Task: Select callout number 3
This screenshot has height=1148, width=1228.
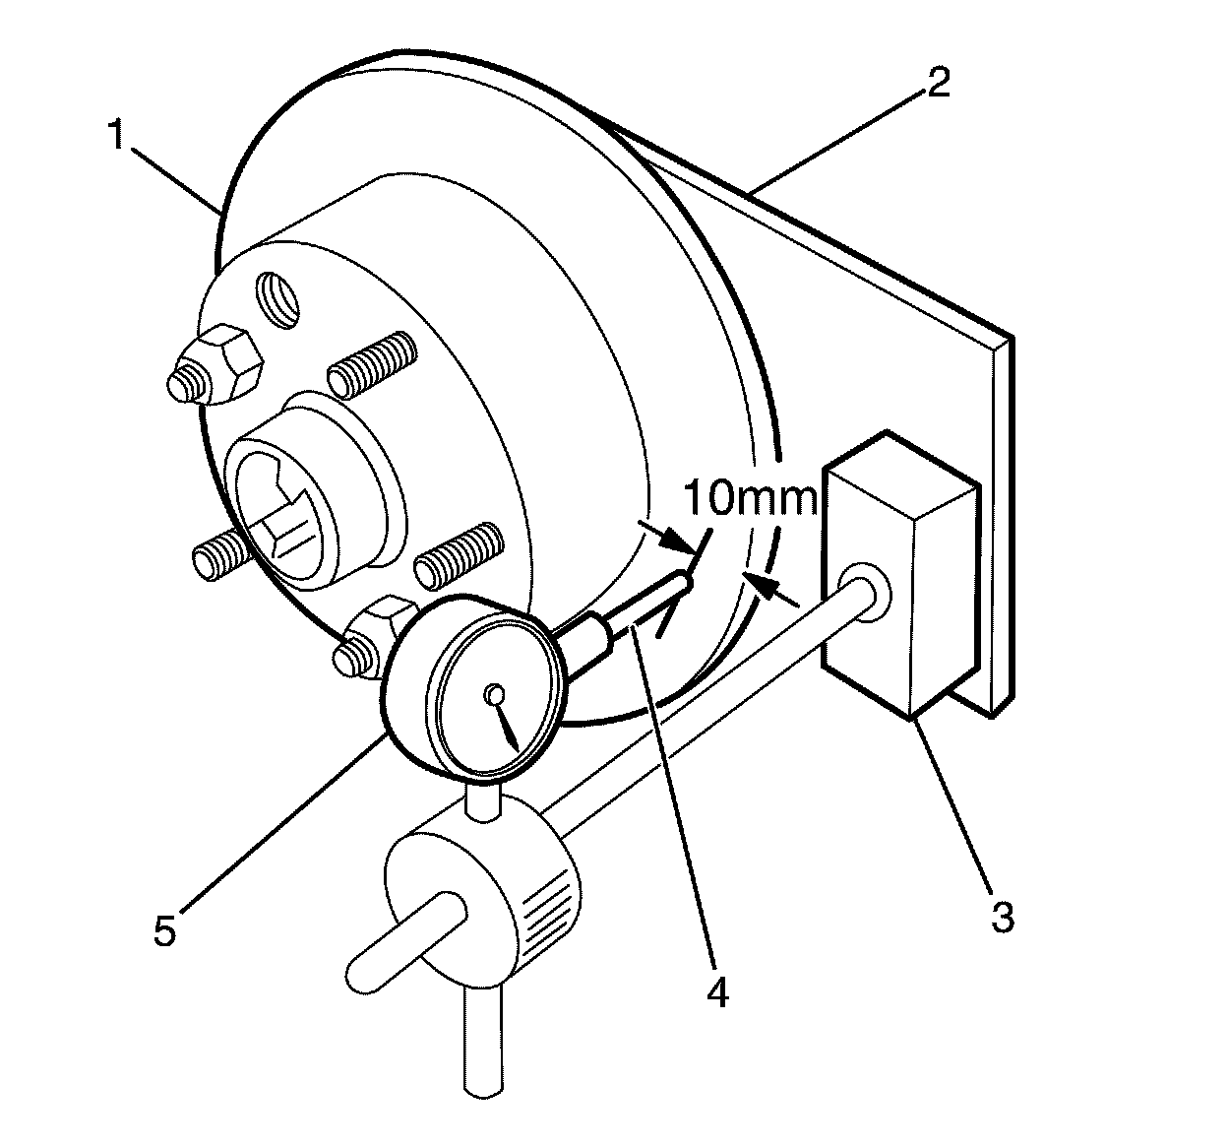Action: (x=1000, y=917)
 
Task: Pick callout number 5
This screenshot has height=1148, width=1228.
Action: (x=165, y=928)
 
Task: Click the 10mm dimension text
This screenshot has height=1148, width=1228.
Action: (x=751, y=499)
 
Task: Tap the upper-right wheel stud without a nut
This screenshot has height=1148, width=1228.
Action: (x=371, y=361)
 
